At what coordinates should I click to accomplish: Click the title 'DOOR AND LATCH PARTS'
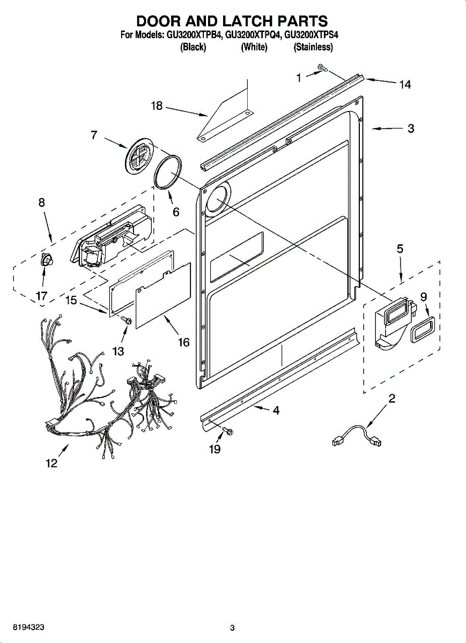(232, 21)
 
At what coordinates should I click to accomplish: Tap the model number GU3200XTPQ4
(252, 35)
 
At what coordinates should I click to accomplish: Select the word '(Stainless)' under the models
(313, 47)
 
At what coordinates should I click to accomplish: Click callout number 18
(157, 106)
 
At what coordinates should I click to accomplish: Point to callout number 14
(405, 84)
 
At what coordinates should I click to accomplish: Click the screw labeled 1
(322, 68)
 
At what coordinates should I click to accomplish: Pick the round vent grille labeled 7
(138, 154)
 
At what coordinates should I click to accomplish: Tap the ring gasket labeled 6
(167, 172)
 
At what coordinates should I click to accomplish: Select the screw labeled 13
(127, 320)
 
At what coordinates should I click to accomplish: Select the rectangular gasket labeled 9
(421, 329)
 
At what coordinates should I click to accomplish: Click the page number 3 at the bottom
(232, 627)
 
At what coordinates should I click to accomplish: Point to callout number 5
(400, 249)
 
